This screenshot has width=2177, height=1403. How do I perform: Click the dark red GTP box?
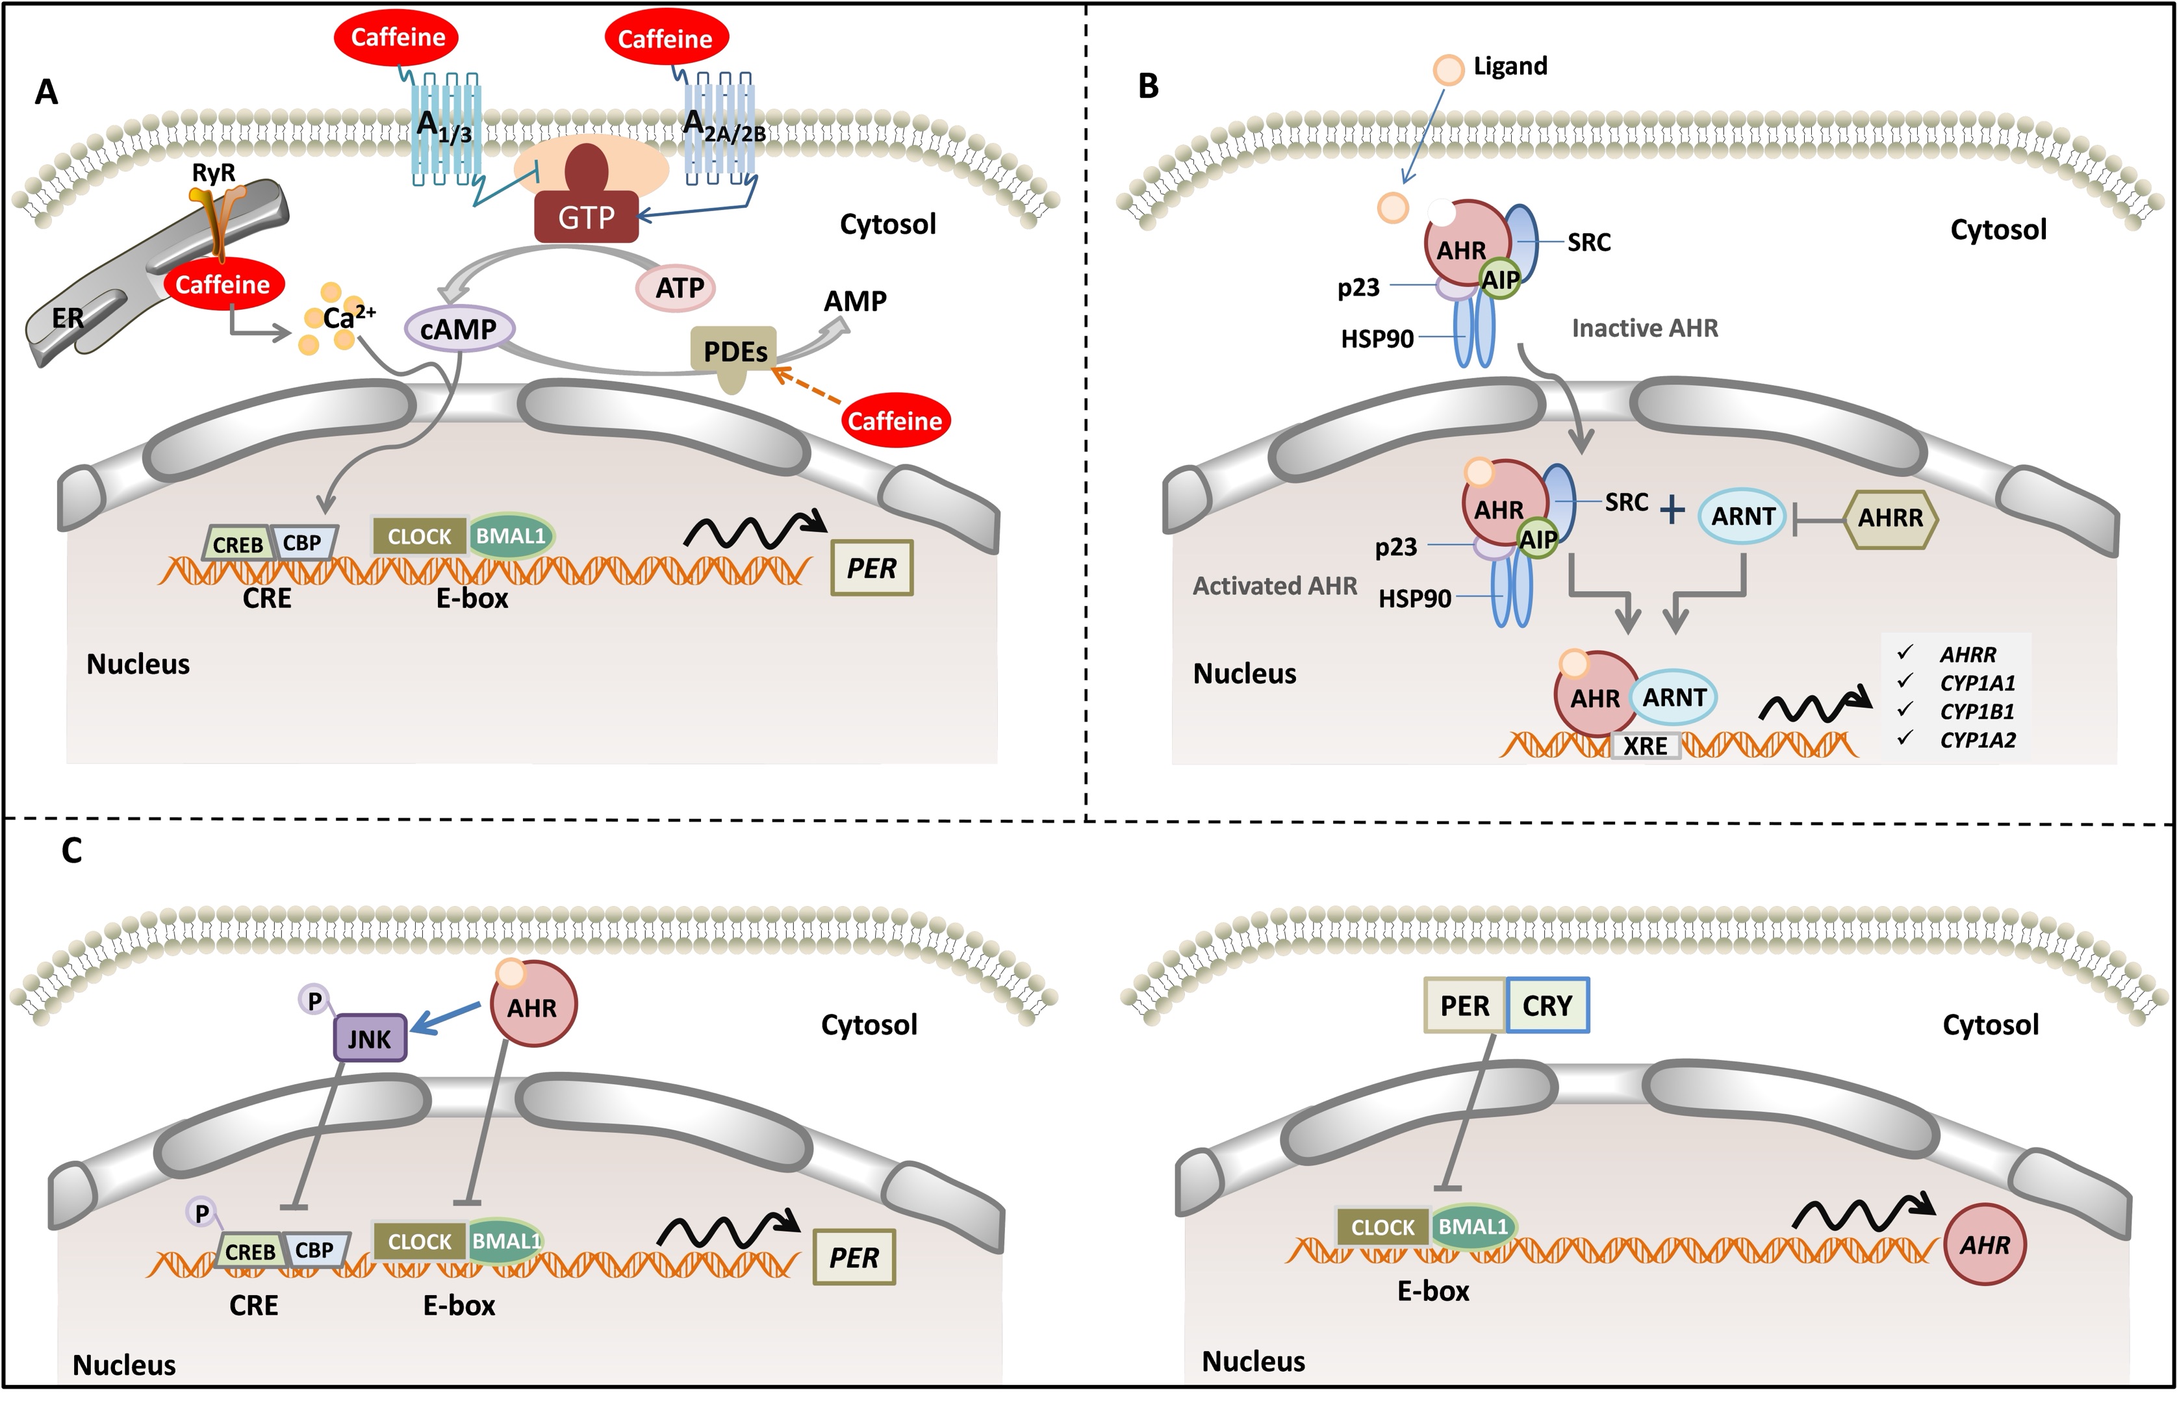coord(586,218)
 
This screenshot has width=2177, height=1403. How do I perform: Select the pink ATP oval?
coord(679,288)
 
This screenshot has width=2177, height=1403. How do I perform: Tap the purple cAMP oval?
coord(459,328)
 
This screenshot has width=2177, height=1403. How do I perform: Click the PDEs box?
coord(735,351)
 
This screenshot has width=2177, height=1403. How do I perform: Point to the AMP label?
coord(855,301)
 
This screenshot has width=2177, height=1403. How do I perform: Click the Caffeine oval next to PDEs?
coord(895,420)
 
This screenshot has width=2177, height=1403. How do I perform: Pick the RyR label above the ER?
coord(213,172)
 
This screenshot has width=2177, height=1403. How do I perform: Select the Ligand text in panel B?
coord(1510,66)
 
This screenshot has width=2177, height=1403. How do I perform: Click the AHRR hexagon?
coord(1890,518)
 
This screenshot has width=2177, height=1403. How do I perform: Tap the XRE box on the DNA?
coord(1645,746)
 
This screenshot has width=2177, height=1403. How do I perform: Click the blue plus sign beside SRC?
coord(1672,509)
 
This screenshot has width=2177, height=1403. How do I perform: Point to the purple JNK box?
coord(369,1039)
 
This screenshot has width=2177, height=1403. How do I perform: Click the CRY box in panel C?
coord(1547,1005)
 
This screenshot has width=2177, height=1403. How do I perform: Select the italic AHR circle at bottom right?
coord(1985,1245)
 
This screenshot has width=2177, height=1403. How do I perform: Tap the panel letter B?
coord(1148,86)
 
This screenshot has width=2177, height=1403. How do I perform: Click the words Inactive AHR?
coord(1645,328)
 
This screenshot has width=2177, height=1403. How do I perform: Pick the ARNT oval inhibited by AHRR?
coord(1742,516)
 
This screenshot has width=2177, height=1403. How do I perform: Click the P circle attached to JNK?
coord(314,1001)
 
